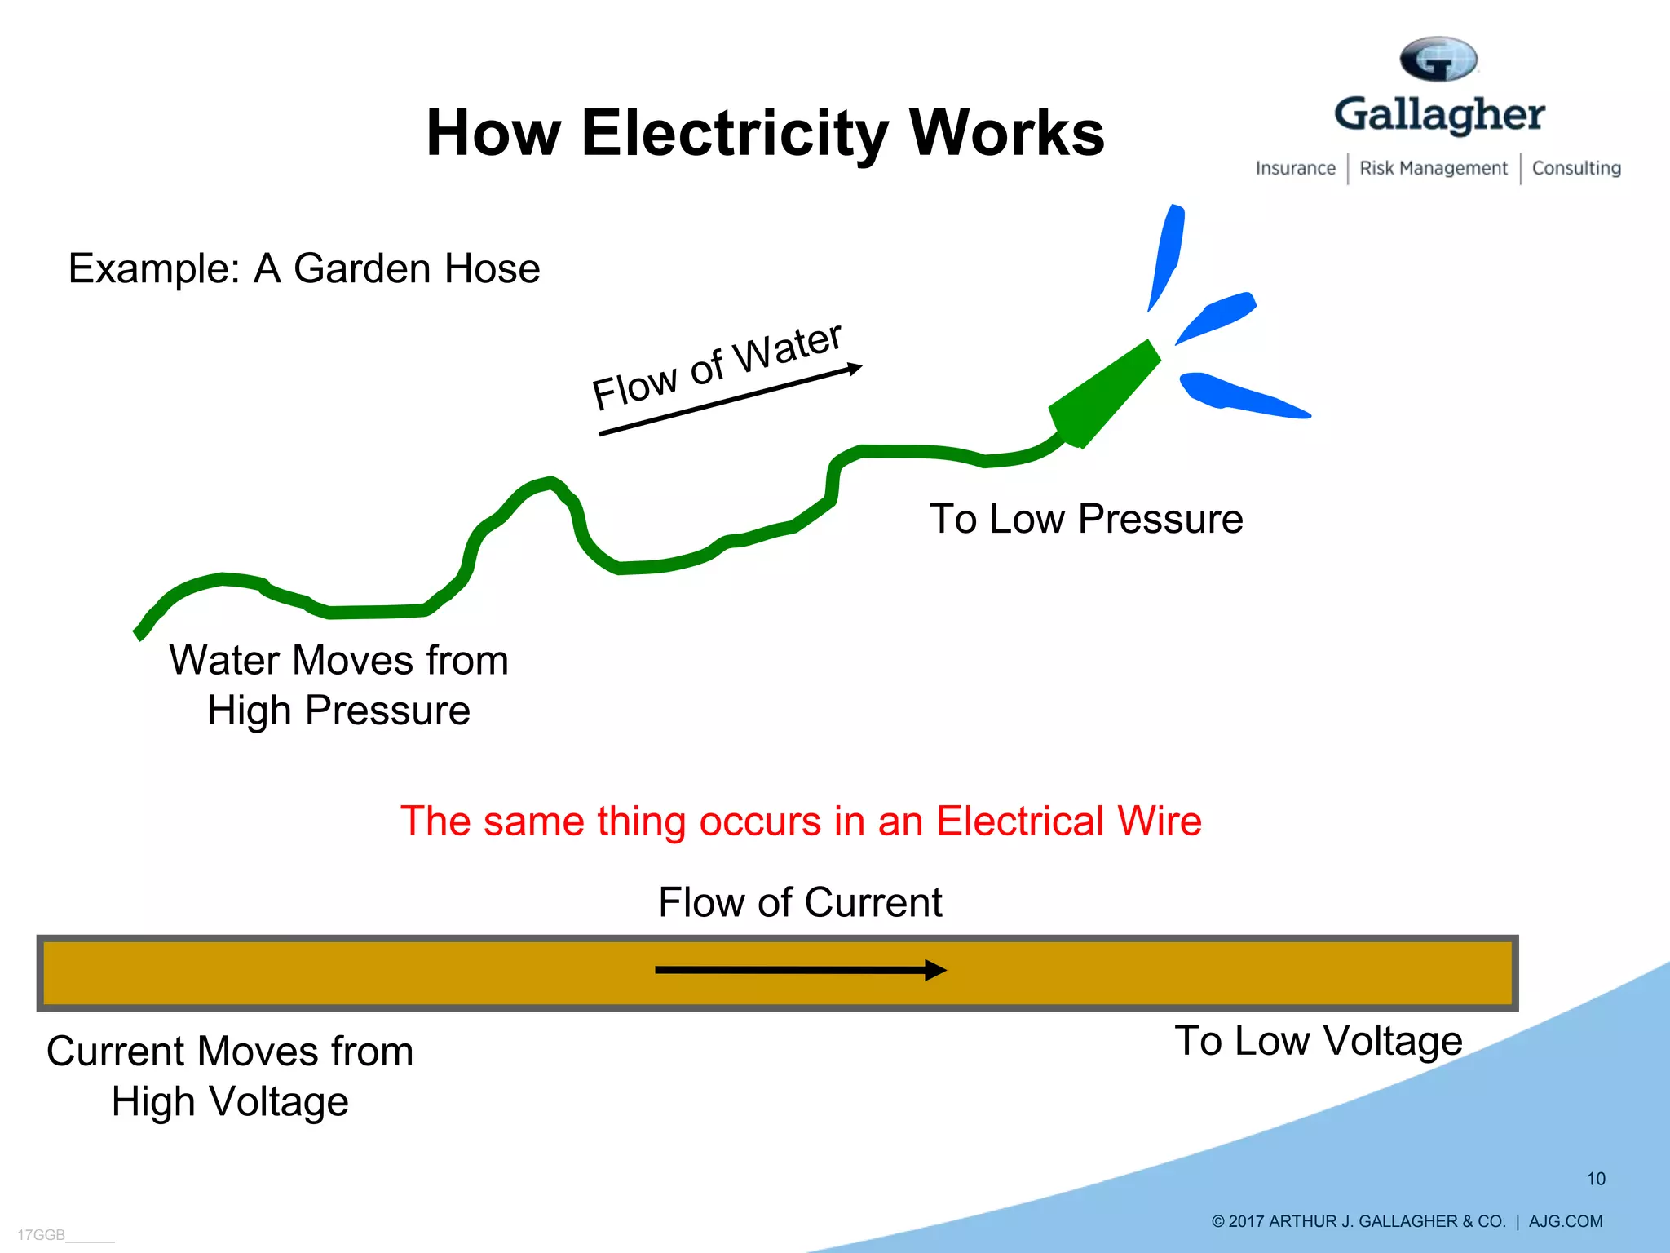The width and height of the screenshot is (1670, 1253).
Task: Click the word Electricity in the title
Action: click(x=734, y=135)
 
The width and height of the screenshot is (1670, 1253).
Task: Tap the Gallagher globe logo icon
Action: click(x=1438, y=59)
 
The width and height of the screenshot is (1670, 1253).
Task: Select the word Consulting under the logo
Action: click(x=1575, y=168)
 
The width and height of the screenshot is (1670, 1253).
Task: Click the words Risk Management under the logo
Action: click(x=1433, y=168)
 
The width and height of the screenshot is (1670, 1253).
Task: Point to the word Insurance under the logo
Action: click(x=1295, y=168)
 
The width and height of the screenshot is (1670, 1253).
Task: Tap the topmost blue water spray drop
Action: click(x=1166, y=253)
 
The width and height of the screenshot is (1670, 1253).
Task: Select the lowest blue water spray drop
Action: click(x=1239, y=396)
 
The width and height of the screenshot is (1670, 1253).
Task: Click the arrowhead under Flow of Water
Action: click(x=855, y=368)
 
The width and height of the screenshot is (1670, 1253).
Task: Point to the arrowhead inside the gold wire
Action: click(x=935, y=970)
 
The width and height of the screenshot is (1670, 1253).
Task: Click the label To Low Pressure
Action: click(x=1085, y=519)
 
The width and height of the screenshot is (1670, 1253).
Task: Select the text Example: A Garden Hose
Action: click(x=303, y=268)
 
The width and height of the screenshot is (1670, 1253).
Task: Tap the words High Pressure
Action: click(x=338, y=711)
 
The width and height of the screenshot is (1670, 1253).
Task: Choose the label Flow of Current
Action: click(x=799, y=902)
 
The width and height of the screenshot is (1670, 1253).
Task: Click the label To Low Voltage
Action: click(x=1318, y=1040)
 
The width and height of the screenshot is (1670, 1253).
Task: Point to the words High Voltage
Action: click(x=230, y=1101)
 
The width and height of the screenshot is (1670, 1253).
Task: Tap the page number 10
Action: click(x=1595, y=1179)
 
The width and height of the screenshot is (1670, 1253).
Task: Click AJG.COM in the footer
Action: click(x=1565, y=1221)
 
